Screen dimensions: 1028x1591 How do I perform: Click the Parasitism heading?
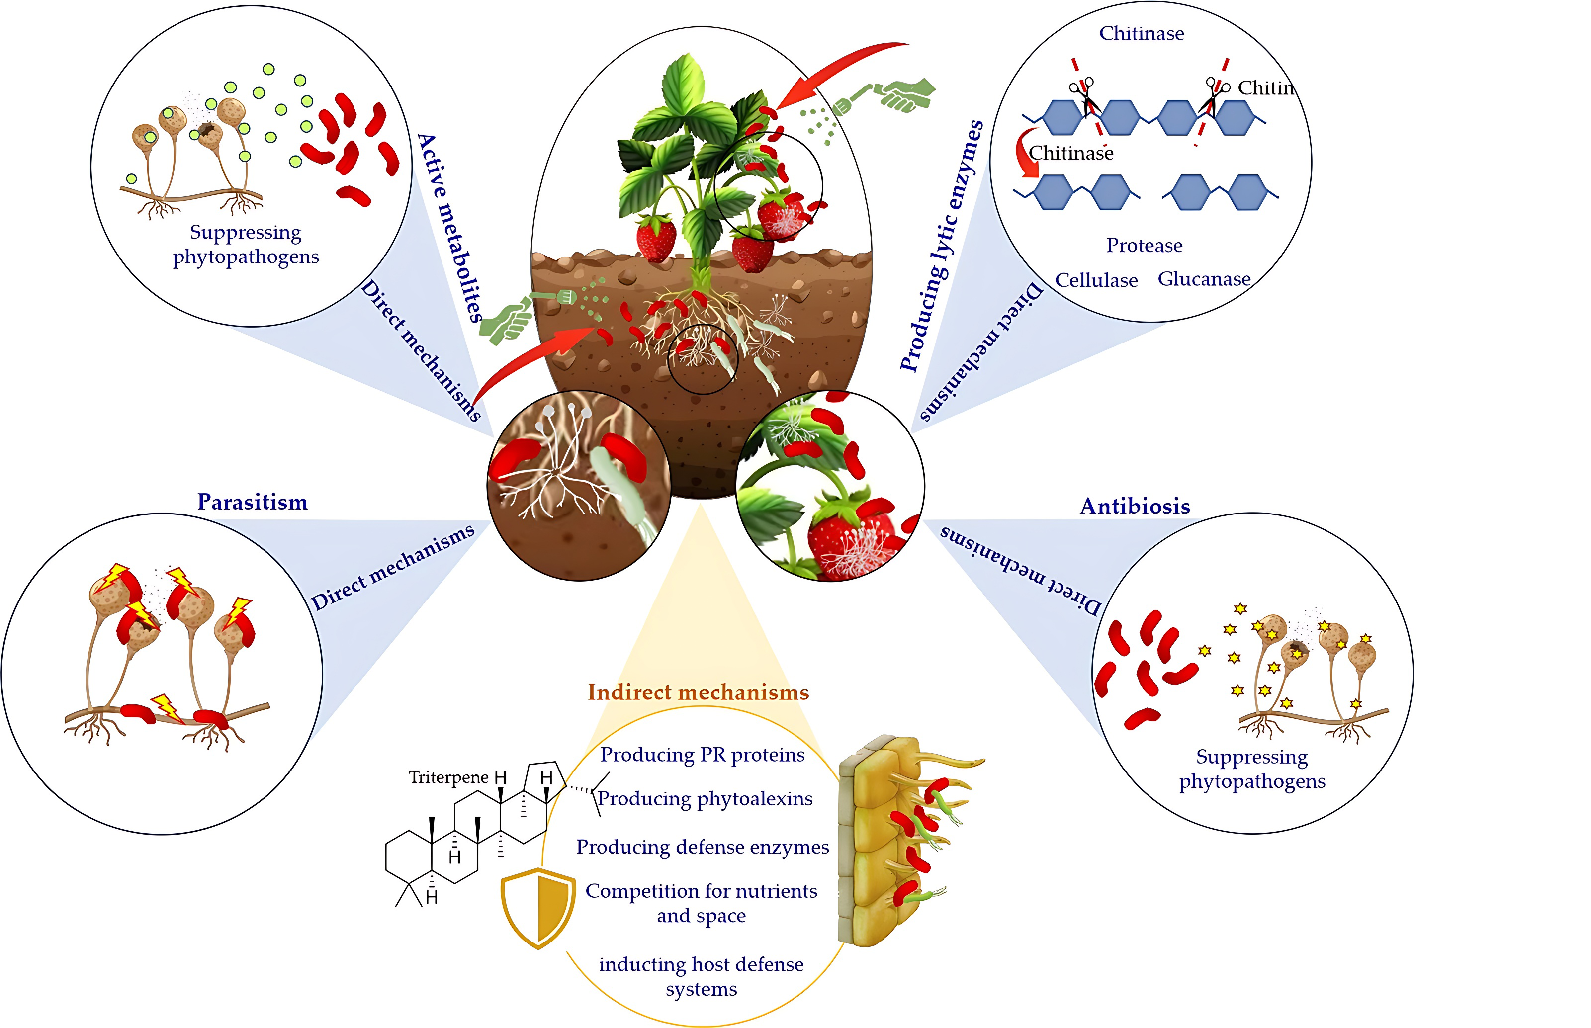(253, 502)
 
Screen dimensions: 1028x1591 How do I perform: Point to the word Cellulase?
(1096, 280)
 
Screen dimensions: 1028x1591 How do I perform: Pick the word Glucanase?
(1204, 279)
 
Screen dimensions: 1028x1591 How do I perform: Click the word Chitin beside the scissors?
(1265, 88)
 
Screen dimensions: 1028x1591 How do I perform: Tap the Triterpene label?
(448, 777)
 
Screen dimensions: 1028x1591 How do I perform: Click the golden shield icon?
(538, 907)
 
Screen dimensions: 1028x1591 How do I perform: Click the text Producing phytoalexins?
(705, 799)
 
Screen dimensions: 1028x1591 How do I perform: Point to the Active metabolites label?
(448, 227)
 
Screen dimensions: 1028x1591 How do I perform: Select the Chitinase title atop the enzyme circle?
(1141, 33)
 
